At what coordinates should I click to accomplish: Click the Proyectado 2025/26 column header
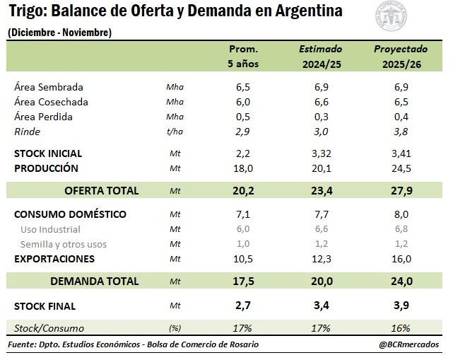[x=401, y=57]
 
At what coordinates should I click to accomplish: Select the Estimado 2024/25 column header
[x=320, y=57]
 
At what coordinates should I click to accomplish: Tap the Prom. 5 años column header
[x=243, y=57]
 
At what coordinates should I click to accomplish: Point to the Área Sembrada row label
[x=49, y=87]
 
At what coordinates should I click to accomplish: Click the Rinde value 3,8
[x=401, y=132]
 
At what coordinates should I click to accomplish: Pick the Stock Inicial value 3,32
[x=321, y=153]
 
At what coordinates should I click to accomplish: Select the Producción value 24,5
[x=401, y=168]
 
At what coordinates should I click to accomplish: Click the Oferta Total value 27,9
[x=401, y=190]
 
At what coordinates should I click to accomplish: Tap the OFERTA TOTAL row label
[x=101, y=190]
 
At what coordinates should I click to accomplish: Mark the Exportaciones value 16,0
[x=401, y=259]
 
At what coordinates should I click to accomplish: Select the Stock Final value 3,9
[x=401, y=306]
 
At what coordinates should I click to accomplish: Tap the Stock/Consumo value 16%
[x=401, y=328]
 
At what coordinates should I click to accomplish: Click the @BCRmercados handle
[x=408, y=344]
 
